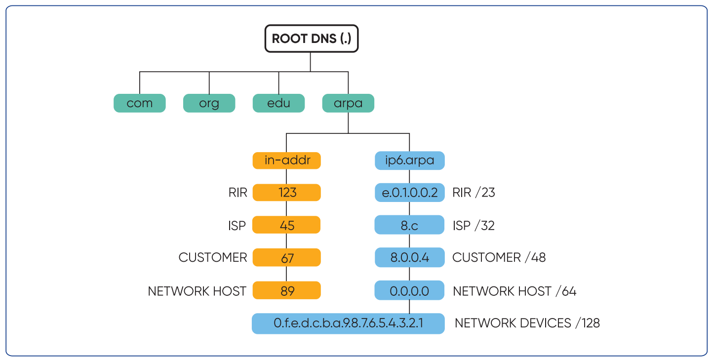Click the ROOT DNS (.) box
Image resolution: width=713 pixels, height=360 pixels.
pos(311,39)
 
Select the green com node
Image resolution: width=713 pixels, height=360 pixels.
pos(140,104)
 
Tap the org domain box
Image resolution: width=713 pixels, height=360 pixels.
pos(209,104)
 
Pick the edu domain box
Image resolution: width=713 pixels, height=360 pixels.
pos(278,104)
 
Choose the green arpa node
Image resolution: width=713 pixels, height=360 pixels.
pos(348,104)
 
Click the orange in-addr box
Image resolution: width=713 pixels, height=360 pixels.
pos(286,160)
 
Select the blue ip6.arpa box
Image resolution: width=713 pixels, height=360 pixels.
pos(409,160)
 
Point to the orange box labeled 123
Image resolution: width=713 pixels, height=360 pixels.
pos(286,193)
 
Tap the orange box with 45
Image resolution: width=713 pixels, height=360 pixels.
pos(286,225)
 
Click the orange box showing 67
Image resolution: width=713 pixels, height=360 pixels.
pos(286,258)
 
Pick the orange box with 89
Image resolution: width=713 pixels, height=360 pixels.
pos(286,290)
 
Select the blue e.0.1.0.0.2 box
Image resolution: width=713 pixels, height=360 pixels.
pos(409,193)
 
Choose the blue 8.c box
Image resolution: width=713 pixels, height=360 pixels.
pos(409,225)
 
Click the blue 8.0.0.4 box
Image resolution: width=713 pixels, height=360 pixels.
pos(409,258)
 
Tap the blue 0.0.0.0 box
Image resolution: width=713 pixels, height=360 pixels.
pos(409,290)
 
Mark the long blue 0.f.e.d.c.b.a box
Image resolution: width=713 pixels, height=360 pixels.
pos(348,323)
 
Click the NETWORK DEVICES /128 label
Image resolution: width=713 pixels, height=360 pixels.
pos(527,323)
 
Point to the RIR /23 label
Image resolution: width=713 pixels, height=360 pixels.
pos(474,193)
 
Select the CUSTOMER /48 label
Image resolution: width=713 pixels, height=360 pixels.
pos(499,258)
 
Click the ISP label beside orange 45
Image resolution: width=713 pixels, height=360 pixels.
pos(238,226)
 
